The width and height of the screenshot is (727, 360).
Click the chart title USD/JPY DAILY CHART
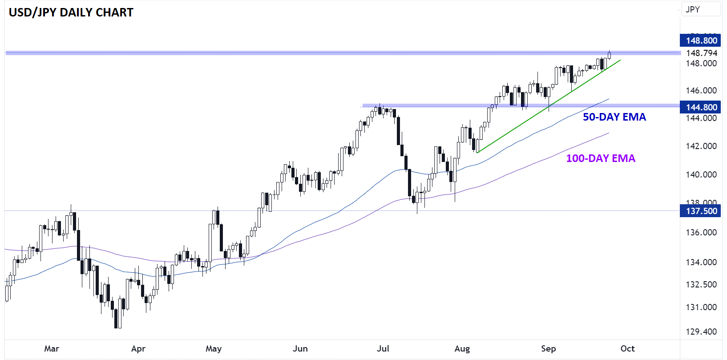point(71,12)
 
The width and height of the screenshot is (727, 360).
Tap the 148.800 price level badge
point(701,40)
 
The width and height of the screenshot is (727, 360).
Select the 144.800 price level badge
point(701,107)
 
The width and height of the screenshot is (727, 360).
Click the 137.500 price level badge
point(701,211)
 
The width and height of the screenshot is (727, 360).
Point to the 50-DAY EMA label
point(614,117)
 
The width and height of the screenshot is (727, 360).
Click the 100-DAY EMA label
point(600,158)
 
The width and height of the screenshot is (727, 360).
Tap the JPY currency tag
point(693,9)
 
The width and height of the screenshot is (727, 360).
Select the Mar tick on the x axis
point(52,348)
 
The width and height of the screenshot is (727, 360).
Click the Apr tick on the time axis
point(138,348)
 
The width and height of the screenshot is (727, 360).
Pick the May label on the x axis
point(214,348)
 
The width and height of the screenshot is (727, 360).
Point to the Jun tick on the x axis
point(300,348)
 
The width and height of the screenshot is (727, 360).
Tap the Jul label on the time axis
point(383,348)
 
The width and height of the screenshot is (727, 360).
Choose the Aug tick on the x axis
point(462,348)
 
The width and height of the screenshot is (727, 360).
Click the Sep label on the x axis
point(549,348)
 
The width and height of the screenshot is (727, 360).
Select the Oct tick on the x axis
point(627,348)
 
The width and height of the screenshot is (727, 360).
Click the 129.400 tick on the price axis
point(701,332)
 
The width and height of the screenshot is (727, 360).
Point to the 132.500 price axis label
point(701,284)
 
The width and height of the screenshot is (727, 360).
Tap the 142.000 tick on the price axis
point(701,146)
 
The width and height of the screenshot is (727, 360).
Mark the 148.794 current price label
point(701,53)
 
